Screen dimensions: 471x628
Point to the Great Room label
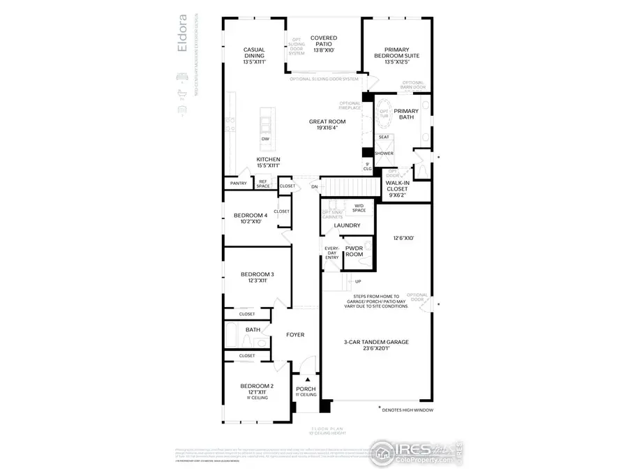[x=327, y=125]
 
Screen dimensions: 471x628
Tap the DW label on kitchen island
[x=266, y=139]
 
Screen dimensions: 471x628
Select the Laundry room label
[x=347, y=225]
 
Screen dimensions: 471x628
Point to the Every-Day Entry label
[x=331, y=253]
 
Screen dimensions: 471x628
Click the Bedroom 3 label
[x=257, y=278]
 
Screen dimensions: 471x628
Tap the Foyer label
[x=295, y=335]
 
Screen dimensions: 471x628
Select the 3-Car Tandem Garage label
[x=376, y=345]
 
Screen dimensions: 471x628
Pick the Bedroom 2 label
[x=257, y=389]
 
